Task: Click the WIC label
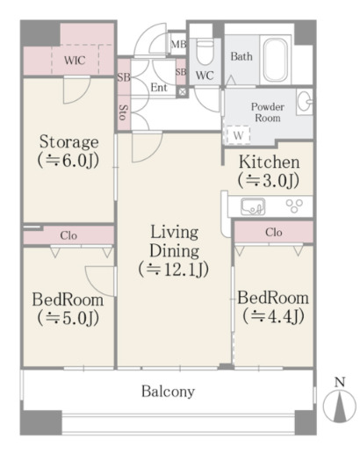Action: point(75,61)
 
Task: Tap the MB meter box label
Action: point(178,45)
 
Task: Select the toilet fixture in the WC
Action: point(205,52)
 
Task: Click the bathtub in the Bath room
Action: point(275,60)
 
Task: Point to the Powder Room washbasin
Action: point(305,102)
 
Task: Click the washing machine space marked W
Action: point(238,135)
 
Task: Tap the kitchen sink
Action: point(253,206)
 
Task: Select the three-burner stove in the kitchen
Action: point(294,205)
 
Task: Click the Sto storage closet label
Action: point(124,112)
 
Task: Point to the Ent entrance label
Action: point(159,87)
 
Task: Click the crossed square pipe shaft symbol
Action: point(182,92)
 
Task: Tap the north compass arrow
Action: point(340,407)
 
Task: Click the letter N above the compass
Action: point(340,382)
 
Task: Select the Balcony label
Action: point(169,392)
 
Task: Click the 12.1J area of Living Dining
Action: point(174,270)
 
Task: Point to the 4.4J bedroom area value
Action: point(273,316)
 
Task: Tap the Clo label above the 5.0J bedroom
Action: point(68,235)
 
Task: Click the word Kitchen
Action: point(269,162)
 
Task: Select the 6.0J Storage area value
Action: point(68,160)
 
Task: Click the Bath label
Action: point(241,56)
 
